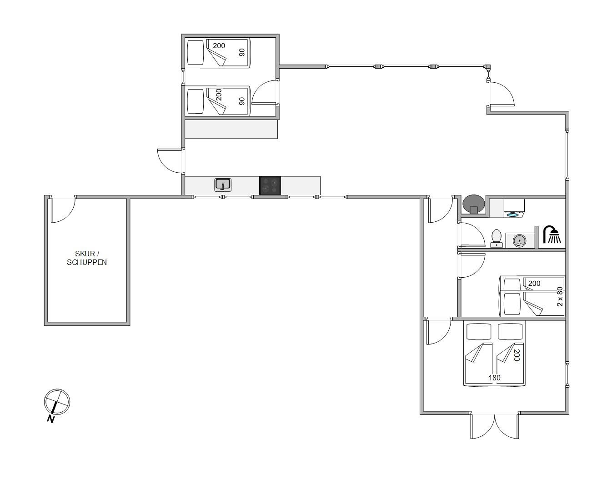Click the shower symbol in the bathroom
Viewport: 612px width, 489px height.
[552, 235]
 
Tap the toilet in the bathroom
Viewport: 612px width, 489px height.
[497, 238]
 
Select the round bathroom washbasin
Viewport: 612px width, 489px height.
[520, 241]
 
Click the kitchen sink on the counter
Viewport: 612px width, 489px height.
[223, 185]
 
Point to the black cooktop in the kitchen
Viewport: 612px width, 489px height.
[270, 186]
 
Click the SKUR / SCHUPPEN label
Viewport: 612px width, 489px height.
[87, 258]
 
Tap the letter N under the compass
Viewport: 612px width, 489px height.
[50, 419]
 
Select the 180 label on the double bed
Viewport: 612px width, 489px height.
[495, 378]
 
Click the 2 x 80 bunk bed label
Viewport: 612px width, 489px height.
[560, 296]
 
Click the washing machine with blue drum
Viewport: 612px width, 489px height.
[514, 208]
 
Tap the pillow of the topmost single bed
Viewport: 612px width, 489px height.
[196, 53]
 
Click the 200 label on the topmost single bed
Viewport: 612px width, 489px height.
[219, 45]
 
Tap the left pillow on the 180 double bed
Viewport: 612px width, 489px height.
[479, 331]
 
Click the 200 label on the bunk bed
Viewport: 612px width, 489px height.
[534, 283]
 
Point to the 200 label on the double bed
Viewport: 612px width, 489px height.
[517, 355]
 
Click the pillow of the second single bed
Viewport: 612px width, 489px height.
[196, 101]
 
